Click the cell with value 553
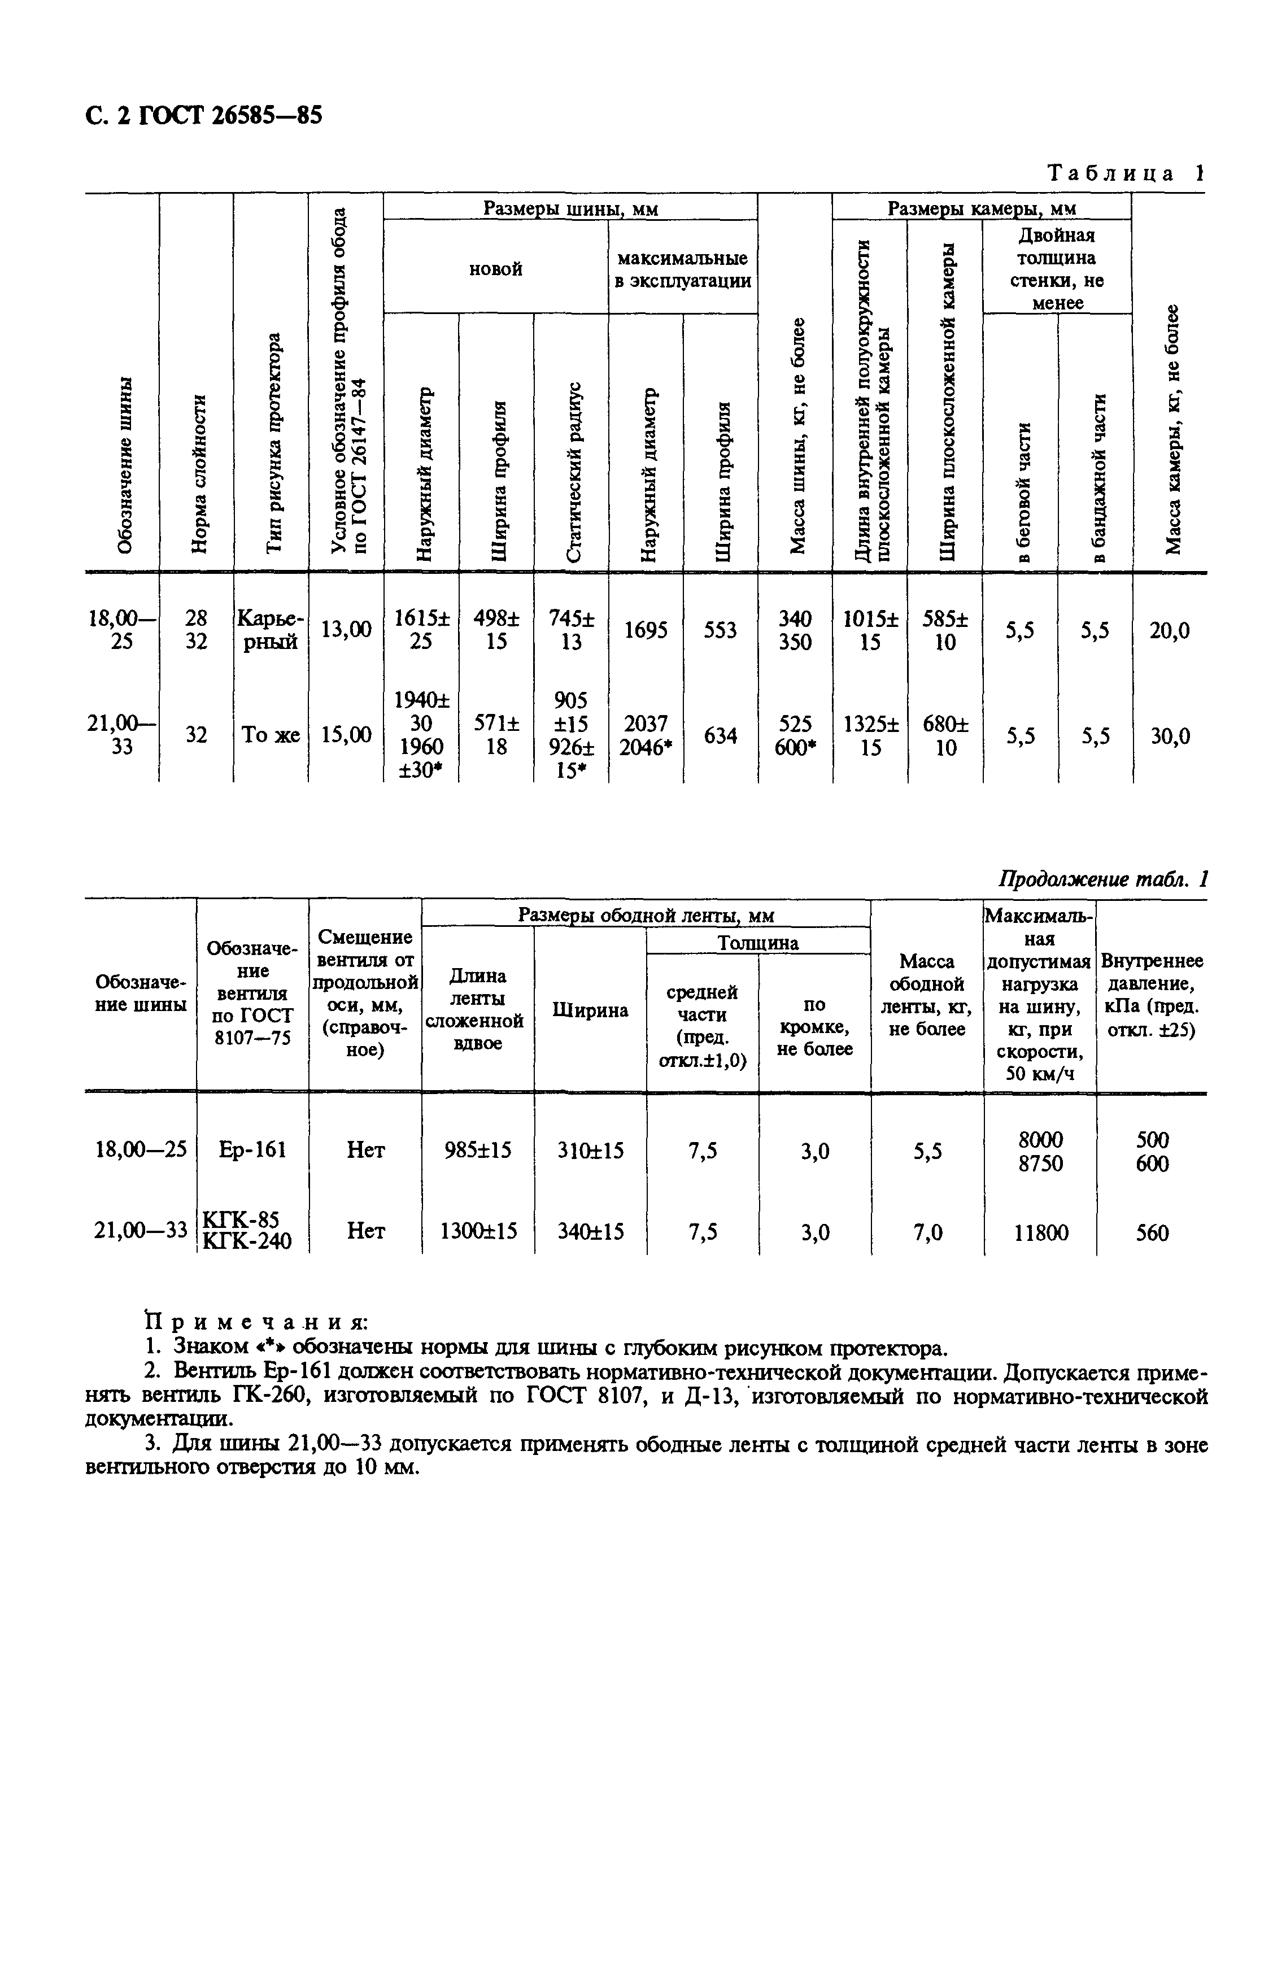point(720,631)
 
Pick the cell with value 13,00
point(346,631)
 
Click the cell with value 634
point(720,735)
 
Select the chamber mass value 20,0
point(1169,631)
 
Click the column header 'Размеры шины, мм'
point(570,208)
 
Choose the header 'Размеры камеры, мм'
point(981,208)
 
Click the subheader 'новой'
point(495,268)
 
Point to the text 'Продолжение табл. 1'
point(1101,879)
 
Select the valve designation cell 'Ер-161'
point(252,1149)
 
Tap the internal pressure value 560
point(1152,1232)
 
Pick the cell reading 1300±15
point(478,1231)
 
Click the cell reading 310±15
point(590,1150)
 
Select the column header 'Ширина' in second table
point(590,1010)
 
